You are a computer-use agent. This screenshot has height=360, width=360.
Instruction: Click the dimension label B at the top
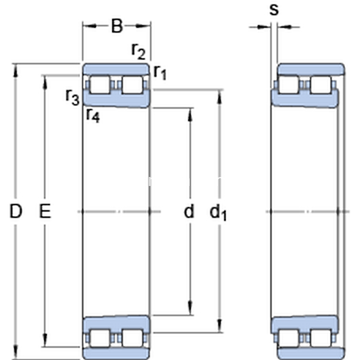coord(116,26)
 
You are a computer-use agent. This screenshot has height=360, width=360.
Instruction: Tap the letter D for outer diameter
coord(16,211)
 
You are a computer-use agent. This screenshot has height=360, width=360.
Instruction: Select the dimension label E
coord(44,211)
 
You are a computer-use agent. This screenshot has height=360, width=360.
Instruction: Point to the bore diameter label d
coord(189,211)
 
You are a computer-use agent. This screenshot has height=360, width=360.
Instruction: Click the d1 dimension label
coord(218,212)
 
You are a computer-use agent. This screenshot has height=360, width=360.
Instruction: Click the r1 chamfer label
coord(159,73)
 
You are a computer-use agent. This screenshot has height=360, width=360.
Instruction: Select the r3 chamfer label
coord(73,96)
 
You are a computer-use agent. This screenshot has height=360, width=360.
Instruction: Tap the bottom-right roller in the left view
coord(132,337)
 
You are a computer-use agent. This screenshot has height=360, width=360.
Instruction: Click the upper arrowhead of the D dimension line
coord(16,67)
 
